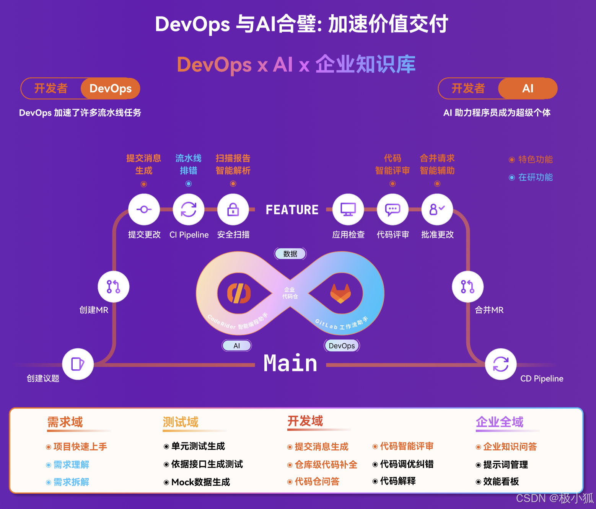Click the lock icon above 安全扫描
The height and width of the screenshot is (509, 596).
(233, 209)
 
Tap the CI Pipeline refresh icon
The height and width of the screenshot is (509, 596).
(189, 209)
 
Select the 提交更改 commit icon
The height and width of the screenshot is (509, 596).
(144, 209)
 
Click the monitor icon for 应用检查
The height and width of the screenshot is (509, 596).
(348, 209)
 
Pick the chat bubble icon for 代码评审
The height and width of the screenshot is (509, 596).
(392, 209)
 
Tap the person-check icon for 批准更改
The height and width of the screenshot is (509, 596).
(437, 209)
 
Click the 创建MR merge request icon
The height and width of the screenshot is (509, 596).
(114, 287)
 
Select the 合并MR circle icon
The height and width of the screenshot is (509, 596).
(467, 287)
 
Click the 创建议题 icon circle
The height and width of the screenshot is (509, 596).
(78, 364)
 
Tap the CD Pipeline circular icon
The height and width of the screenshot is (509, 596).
(501, 364)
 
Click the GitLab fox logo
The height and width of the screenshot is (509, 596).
(340, 294)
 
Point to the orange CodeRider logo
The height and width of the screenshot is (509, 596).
(239, 294)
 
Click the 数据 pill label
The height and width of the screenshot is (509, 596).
(290, 254)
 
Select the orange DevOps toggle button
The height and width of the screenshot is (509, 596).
(111, 88)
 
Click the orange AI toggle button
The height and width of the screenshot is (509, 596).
(528, 88)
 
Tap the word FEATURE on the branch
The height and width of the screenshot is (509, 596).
(292, 210)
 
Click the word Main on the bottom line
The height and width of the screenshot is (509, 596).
(291, 363)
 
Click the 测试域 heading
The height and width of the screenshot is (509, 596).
(181, 422)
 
